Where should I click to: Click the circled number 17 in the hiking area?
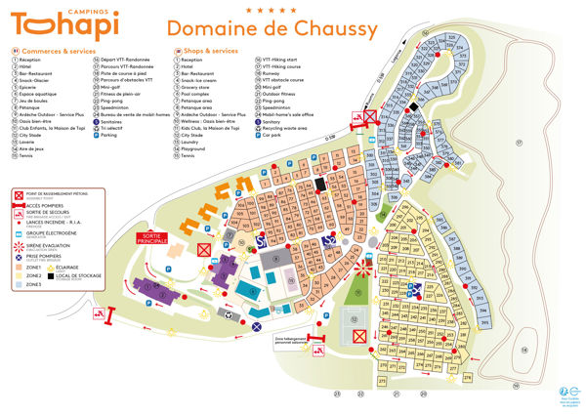point(520,143)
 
